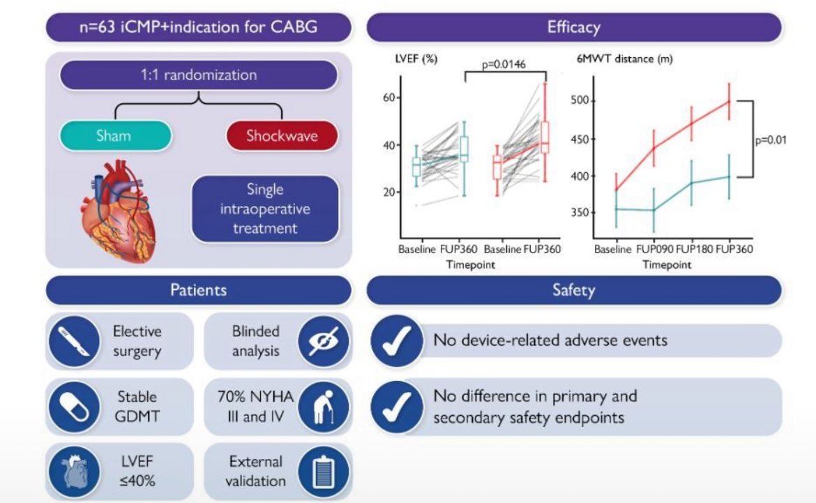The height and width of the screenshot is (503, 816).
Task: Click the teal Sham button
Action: tap(115, 135)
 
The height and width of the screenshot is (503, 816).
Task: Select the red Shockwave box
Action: tap(281, 135)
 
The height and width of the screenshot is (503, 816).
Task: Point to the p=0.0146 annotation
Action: tap(504, 65)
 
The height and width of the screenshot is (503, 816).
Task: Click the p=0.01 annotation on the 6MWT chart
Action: tap(771, 140)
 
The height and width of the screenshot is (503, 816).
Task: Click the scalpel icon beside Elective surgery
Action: tap(74, 341)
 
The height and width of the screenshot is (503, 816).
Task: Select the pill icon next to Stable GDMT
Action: tap(74, 404)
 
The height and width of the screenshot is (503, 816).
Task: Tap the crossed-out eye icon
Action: tap(324, 341)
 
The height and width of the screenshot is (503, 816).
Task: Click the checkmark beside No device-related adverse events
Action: tap(396, 341)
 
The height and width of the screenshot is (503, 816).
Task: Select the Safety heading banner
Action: tap(573, 290)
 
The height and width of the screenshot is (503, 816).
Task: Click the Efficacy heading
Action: tap(573, 28)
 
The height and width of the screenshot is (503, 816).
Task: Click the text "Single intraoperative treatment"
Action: tap(265, 209)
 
